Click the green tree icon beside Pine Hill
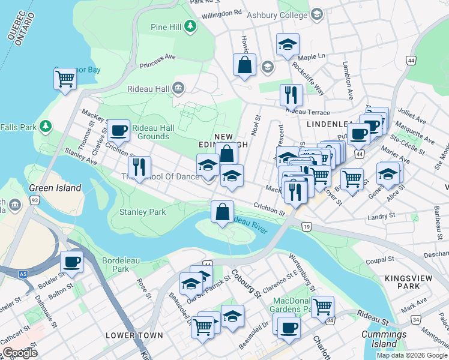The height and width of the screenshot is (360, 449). pyautogui.click(x=190, y=26)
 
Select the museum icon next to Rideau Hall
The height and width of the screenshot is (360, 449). pyautogui.click(x=178, y=89)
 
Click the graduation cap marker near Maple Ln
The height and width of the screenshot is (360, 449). pyautogui.click(x=288, y=44)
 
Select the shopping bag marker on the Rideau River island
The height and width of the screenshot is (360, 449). pyautogui.click(x=222, y=212)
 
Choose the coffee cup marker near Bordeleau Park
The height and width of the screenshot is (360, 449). pyautogui.click(x=71, y=262)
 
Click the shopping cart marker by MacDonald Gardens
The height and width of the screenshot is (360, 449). pyautogui.click(x=322, y=307)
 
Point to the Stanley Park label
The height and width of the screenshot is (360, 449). pyautogui.click(x=142, y=212)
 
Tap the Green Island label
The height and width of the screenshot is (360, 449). pyautogui.click(x=55, y=188)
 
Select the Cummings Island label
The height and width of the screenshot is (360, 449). pyautogui.click(x=384, y=340)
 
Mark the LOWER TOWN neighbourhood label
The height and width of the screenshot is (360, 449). pyautogui.click(x=134, y=335)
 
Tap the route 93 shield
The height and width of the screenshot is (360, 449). pyautogui.click(x=34, y=199)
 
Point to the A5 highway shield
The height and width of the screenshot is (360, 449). pyautogui.click(x=22, y=274)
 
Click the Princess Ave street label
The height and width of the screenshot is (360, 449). pyautogui.click(x=157, y=61)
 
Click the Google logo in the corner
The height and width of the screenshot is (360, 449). pyautogui.click(x=20, y=352)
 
